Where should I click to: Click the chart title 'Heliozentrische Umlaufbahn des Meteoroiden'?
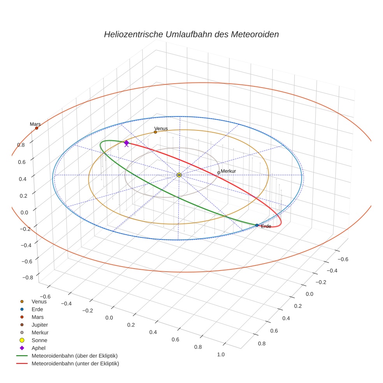pyautogui.click(x=191, y=34)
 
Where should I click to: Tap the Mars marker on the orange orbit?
pyautogui.click(x=37, y=128)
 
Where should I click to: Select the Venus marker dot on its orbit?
pyautogui.click(x=155, y=132)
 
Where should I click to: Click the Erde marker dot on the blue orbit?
pyautogui.click(x=257, y=225)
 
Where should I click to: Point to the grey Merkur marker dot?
pyautogui.click(x=219, y=172)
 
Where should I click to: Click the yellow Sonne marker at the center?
pyautogui.click(x=179, y=175)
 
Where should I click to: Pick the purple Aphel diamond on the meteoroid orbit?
pyautogui.click(x=126, y=143)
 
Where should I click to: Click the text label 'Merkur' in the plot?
pyautogui.click(x=228, y=171)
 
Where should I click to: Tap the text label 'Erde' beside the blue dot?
pyautogui.click(x=266, y=227)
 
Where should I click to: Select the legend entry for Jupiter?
pyautogui.click(x=39, y=325)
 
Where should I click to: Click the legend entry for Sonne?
pyautogui.click(x=39, y=340)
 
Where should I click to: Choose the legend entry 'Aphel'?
pyautogui.click(x=39, y=348)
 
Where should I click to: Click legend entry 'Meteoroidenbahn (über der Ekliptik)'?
pyautogui.click(x=74, y=356)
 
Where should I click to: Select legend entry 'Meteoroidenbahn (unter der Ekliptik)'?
pyautogui.click(x=75, y=364)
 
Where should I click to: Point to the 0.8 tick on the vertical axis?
pyautogui.click(x=21, y=144)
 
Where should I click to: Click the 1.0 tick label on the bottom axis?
pyautogui.click(x=221, y=354)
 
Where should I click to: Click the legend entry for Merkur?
pyautogui.click(x=40, y=332)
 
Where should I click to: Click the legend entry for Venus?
pyautogui.click(x=39, y=301)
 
